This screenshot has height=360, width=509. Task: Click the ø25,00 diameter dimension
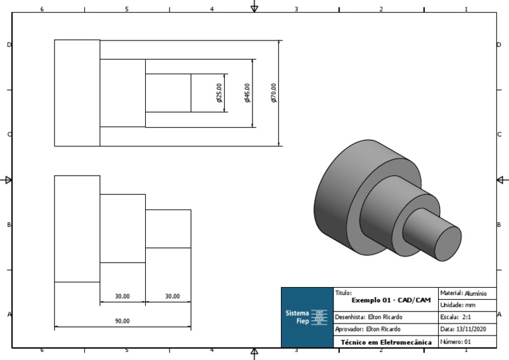click(x=219, y=93)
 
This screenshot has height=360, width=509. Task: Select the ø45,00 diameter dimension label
click(x=248, y=93)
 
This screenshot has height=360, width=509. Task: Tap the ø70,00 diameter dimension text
click(x=274, y=93)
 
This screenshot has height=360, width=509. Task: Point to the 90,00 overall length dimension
click(x=123, y=321)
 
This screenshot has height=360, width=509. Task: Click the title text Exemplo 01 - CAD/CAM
click(x=386, y=300)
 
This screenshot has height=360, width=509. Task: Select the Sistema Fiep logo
click(x=307, y=317)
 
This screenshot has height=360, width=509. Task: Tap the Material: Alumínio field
click(x=467, y=292)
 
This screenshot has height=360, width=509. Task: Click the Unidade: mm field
click(x=467, y=305)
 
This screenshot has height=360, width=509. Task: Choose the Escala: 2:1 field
click(x=467, y=317)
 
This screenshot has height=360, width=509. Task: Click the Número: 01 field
click(x=467, y=341)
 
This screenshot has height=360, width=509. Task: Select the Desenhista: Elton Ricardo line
click(x=368, y=317)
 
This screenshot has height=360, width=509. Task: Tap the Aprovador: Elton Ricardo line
click(x=368, y=329)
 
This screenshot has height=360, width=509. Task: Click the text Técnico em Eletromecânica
click(x=386, y=342)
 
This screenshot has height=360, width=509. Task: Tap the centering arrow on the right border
click(x=502, y=180)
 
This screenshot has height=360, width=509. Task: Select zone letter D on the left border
click(x=9, y=44)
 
